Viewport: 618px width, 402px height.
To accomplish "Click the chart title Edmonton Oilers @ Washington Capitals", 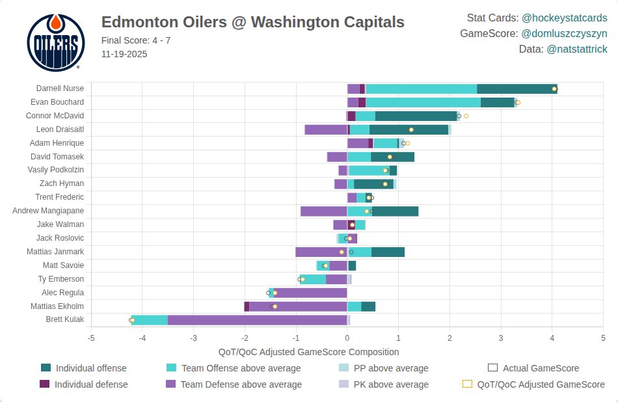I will (x=252, y=23).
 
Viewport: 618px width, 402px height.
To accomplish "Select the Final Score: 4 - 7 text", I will (x=136, y=41).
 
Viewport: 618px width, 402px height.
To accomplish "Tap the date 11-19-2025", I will (x=124, y=54).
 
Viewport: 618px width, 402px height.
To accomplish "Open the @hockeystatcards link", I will (x=564, y=18).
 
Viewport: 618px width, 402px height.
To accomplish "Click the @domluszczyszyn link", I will (x=564, y=34).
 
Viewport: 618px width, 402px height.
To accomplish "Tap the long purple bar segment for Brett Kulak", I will (x=257, y=319).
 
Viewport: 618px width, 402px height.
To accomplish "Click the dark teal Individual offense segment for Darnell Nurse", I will (x=517, y=88).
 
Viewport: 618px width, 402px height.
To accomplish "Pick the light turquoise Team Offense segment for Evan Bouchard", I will (x=423, y=102).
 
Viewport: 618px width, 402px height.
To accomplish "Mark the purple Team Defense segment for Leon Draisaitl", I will (x=325, y=129).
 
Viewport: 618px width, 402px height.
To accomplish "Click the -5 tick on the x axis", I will (x=91, y=338).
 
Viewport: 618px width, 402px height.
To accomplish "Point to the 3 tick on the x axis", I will (x=501, y=338).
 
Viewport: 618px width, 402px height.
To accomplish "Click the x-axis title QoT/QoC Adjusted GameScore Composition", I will (x=308, y=352).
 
